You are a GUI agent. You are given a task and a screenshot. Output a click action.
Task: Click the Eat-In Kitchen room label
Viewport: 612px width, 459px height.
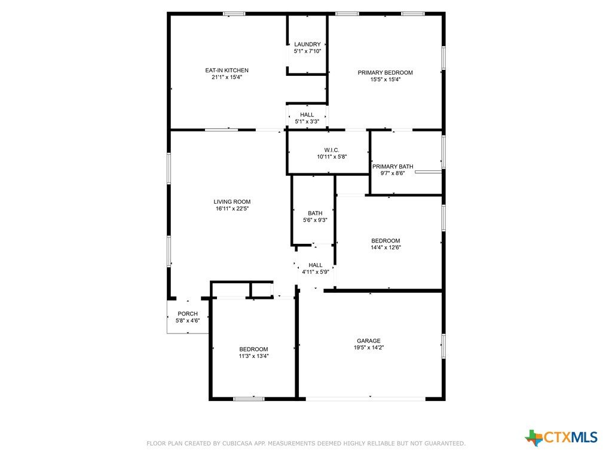coord(227,71)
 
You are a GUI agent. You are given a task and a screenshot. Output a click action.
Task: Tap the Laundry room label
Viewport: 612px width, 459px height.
coord(307,44)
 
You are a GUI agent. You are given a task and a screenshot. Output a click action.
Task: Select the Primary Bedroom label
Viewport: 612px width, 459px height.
coord(385,72)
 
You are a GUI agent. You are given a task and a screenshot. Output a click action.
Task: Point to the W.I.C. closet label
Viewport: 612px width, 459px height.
coord(332,150)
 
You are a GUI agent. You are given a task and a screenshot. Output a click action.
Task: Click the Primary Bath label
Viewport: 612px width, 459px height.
coord(393,167)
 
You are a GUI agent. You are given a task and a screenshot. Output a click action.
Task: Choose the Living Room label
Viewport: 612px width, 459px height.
coord(232,202)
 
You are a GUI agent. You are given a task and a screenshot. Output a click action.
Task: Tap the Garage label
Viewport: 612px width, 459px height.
coord(368,341)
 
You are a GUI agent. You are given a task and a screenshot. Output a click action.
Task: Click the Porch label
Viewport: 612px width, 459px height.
coord(188,314)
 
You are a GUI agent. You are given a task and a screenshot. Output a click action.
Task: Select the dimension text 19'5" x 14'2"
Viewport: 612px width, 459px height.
coord(369,348)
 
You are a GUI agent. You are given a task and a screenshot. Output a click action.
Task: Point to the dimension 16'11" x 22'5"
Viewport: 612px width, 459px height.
coord(232,209)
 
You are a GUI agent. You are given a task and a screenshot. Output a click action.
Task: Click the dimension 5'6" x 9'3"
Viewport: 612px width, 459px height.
coord(315,220)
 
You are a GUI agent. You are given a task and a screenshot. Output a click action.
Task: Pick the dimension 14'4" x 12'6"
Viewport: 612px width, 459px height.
coord(385,247)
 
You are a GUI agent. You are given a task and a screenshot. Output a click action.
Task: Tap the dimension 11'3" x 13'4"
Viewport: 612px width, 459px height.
coord(253,356)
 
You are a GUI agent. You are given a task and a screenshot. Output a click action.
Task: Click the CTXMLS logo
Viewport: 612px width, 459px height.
coord(561,437)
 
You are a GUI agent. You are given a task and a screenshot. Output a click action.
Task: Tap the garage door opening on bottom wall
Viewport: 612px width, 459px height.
coord(365,399)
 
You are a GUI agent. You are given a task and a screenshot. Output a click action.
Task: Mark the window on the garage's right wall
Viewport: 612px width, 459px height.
coord(443,346)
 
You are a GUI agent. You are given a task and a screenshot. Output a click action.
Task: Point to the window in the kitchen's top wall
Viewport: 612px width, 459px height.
coord(234,14)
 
